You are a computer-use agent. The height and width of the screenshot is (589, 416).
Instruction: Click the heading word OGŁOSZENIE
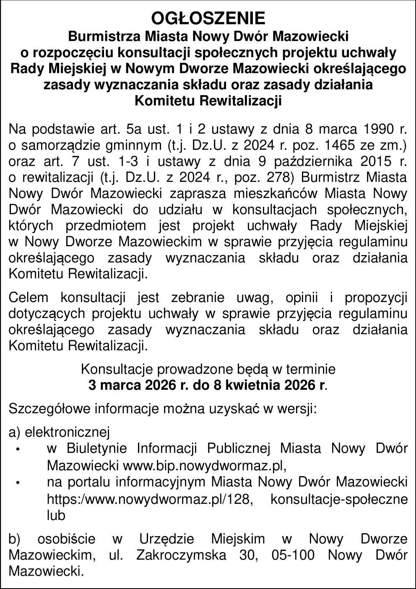click(208, 19)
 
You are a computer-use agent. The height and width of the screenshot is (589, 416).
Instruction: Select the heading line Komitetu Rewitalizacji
click(208, 101)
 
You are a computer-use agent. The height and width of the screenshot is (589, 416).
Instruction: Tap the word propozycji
click(375, 298)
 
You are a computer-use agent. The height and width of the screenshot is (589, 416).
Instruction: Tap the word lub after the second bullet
click(56, 516)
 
